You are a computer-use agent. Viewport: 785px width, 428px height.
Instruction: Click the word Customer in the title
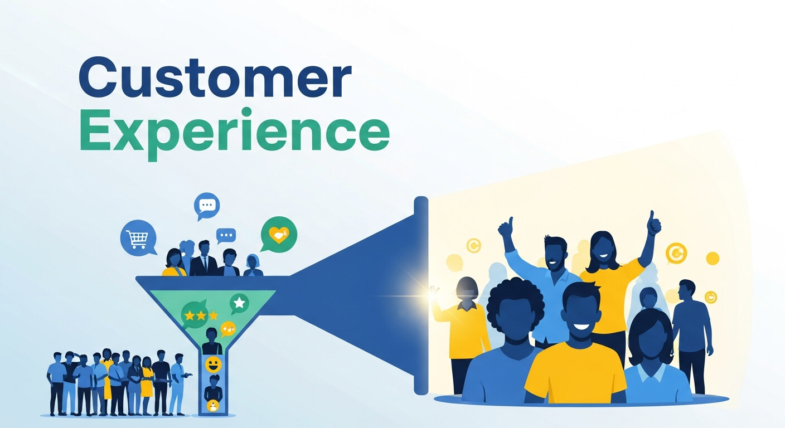[x=215, y=79]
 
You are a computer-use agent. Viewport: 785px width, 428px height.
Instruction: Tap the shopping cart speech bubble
[x=137, y=238]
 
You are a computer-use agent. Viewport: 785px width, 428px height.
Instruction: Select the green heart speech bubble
[x=279, y=234]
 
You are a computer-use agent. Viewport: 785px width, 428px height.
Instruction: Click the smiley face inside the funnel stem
[x=213, y=364]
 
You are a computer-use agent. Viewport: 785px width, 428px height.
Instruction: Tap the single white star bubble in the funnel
[x=239, y=303]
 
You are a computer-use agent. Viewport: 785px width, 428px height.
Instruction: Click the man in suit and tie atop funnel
[x=203, y=260]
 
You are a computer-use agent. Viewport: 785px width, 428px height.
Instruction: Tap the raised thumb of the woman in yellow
[x=653, y=223]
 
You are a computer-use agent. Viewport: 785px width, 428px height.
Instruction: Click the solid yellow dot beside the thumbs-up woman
[x=712, y=259]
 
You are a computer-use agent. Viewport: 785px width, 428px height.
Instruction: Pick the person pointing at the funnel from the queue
[x=177, y=379]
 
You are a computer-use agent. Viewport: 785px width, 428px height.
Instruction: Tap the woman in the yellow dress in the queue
[x=147, y=379]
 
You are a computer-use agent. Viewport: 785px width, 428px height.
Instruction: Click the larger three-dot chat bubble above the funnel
[x=207, y=205]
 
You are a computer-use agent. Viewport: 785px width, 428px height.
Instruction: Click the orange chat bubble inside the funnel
[x=228, y=329]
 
